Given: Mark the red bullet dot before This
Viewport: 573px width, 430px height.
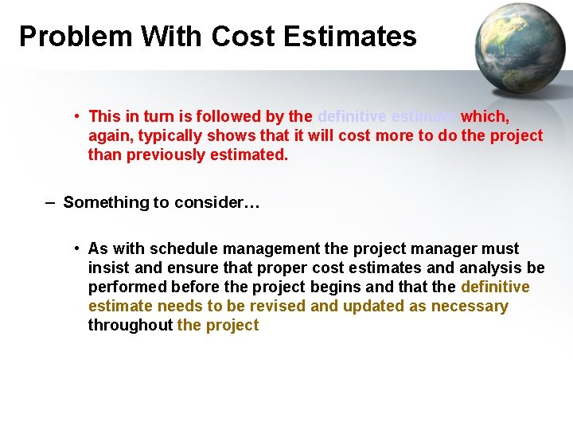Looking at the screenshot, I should (x=76, y=116).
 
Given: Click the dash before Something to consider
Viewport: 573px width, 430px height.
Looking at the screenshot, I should (x=50, y=202).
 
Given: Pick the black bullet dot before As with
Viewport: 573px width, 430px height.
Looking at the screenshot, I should (x=76, y=248).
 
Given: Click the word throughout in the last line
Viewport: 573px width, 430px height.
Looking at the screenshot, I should (x=130, y=325).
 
